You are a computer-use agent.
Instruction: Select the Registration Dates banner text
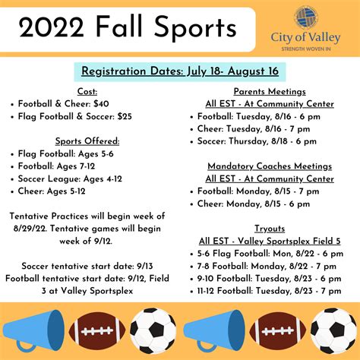click(x=180, y=72)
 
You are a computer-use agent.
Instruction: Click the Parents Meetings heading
click(x=270, y=93)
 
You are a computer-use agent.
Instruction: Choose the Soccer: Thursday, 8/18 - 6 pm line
click(x=263, y=141)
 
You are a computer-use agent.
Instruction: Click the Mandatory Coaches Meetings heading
click(x=270, y=166)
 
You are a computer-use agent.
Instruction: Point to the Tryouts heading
click(x=270, y=227)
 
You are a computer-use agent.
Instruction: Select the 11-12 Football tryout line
click(x=270, y=290)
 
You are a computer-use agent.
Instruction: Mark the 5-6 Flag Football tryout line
click(x=270, y=252)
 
